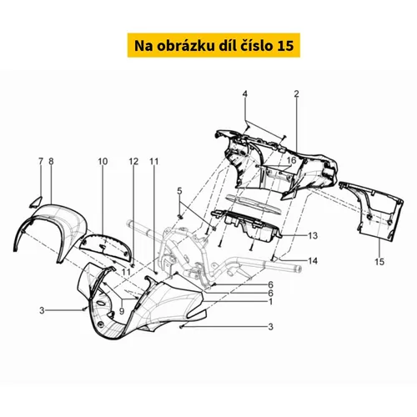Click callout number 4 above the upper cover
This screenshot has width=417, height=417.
coord(244,94)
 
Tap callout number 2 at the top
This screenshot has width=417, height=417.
coord(296,94)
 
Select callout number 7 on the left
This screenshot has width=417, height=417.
coord(41,161)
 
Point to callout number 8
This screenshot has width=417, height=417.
coord(51,161)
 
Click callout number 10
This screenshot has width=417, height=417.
coord(103,161)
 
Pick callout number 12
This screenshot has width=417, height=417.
coord(133,161)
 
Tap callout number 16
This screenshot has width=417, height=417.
coord(291,160)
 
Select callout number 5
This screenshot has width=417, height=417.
coord(179,191)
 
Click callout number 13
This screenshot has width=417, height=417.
coord(313,235)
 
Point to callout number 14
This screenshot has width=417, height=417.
coord(313,261)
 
